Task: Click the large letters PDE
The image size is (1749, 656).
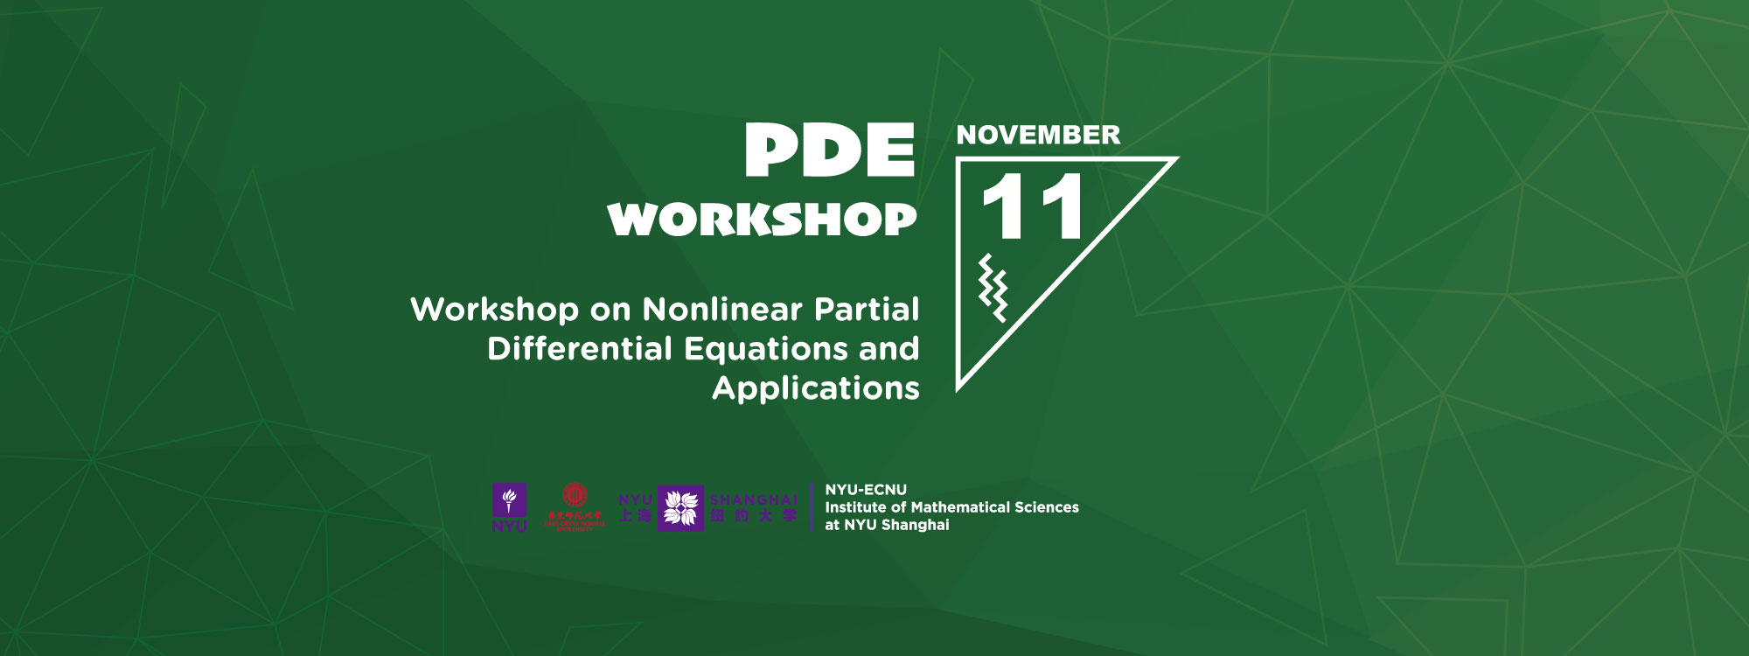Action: pyautogui.click(x=829, y=150)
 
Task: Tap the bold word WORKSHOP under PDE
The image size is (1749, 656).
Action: pyautogui.click(x=762, y=220)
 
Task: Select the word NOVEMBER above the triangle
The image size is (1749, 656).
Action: pyautogui.click(x=1038, y=135)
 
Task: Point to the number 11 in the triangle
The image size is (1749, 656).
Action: pyautogui.click(x=1032, y=207)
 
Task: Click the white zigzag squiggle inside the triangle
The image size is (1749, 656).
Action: pyautogui.click(x=993, y=288)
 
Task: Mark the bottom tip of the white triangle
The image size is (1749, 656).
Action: pyautogui.click(x=959, y=387)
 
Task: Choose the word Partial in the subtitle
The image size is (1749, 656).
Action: pyautogui.click(x=867, y=310)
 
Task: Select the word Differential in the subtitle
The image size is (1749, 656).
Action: pyautogui.click(x=580, y=349)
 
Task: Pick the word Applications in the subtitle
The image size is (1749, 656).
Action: pyautogui.click(x=816, y=388)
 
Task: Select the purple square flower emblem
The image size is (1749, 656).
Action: pyautogui.click(x=680, y=508)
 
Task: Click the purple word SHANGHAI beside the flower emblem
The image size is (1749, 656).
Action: pyautogui.click(x=754, y=499)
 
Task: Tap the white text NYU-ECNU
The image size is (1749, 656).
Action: pyautogui.click(x=866, y=490)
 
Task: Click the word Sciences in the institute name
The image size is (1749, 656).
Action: pyautogui.click(x=1046, y=507)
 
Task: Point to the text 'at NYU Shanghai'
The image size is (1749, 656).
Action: pyautogui.click(x=887, y=525)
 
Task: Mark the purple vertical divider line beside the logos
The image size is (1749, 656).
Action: pyautogui.click(x=812, y=507)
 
